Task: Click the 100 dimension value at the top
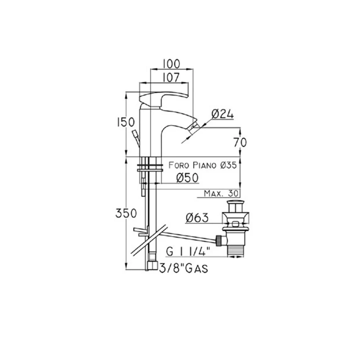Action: tap(171, 64)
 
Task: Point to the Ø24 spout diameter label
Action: tap(222, 114)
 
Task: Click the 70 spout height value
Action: tap(240, 142)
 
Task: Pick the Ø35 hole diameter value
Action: tap(228, 165)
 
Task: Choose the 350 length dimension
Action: tap(126, 213)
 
